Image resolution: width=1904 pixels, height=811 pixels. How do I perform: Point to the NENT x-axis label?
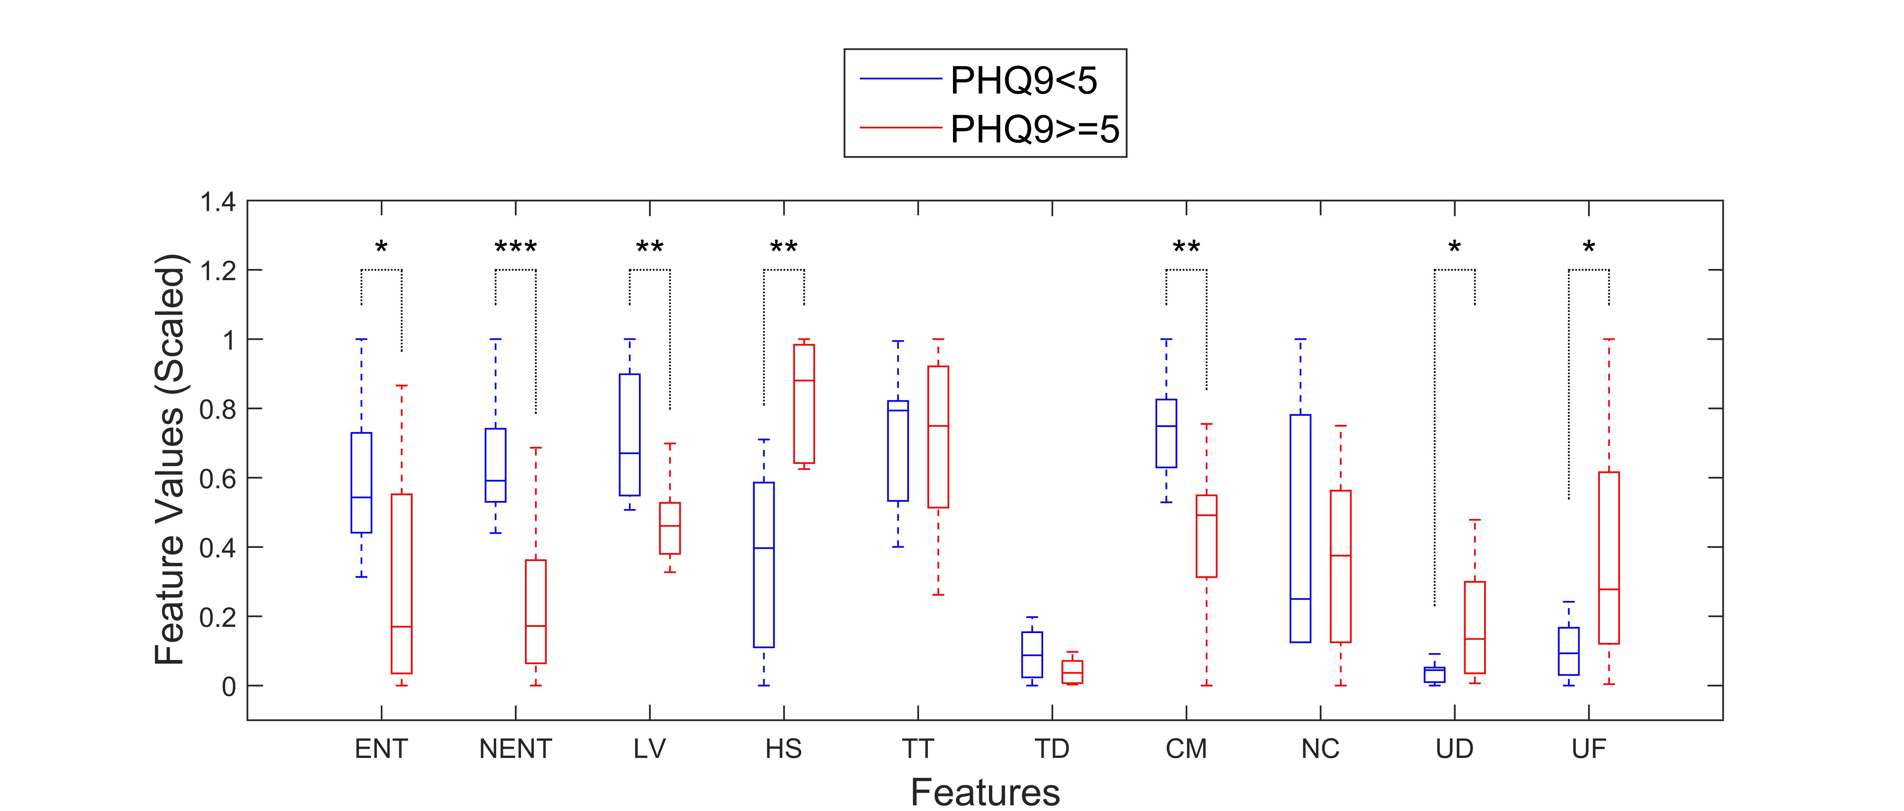pos(515,749)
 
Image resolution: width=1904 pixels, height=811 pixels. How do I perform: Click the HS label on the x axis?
pos(784,749)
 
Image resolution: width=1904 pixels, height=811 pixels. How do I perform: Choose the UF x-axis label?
pos(1588,749)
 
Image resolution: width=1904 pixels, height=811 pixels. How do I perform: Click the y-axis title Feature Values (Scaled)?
pos(170,458)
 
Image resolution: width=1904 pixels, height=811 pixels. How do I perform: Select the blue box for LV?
pos(630,435)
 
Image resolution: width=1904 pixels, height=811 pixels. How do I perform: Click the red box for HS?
pos(804,404)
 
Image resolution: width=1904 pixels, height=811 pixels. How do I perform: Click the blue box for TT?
pos(898,451)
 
